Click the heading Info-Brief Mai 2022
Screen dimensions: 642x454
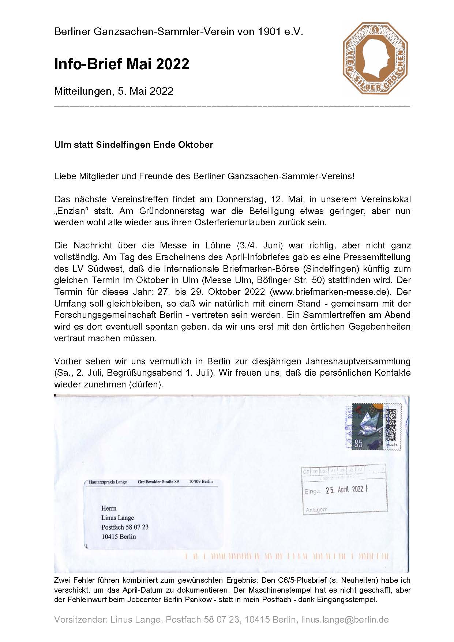click(x=121, y=64)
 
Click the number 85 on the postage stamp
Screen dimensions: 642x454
click(x=358, y=444)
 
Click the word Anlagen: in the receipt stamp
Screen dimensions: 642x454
click(x=316, y=509)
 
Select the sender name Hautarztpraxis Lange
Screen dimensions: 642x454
click(x=108, y=482)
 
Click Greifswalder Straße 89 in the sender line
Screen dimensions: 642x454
click(x=158, y=481)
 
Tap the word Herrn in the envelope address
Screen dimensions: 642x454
click(x=109, y=508)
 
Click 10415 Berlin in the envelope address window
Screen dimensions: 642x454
click(x=119, y=537)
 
